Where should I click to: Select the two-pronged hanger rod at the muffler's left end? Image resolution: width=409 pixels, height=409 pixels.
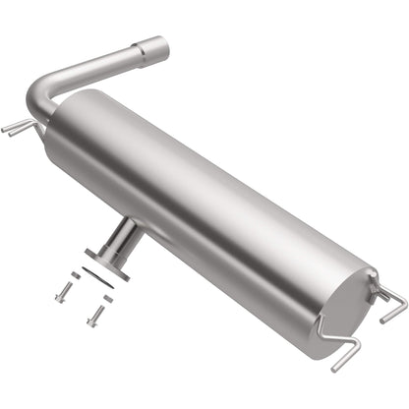[17, 127]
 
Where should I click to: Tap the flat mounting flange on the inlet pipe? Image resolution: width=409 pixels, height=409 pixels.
[110, 260]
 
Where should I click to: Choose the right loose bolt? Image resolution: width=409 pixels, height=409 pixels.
[96, 316]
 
